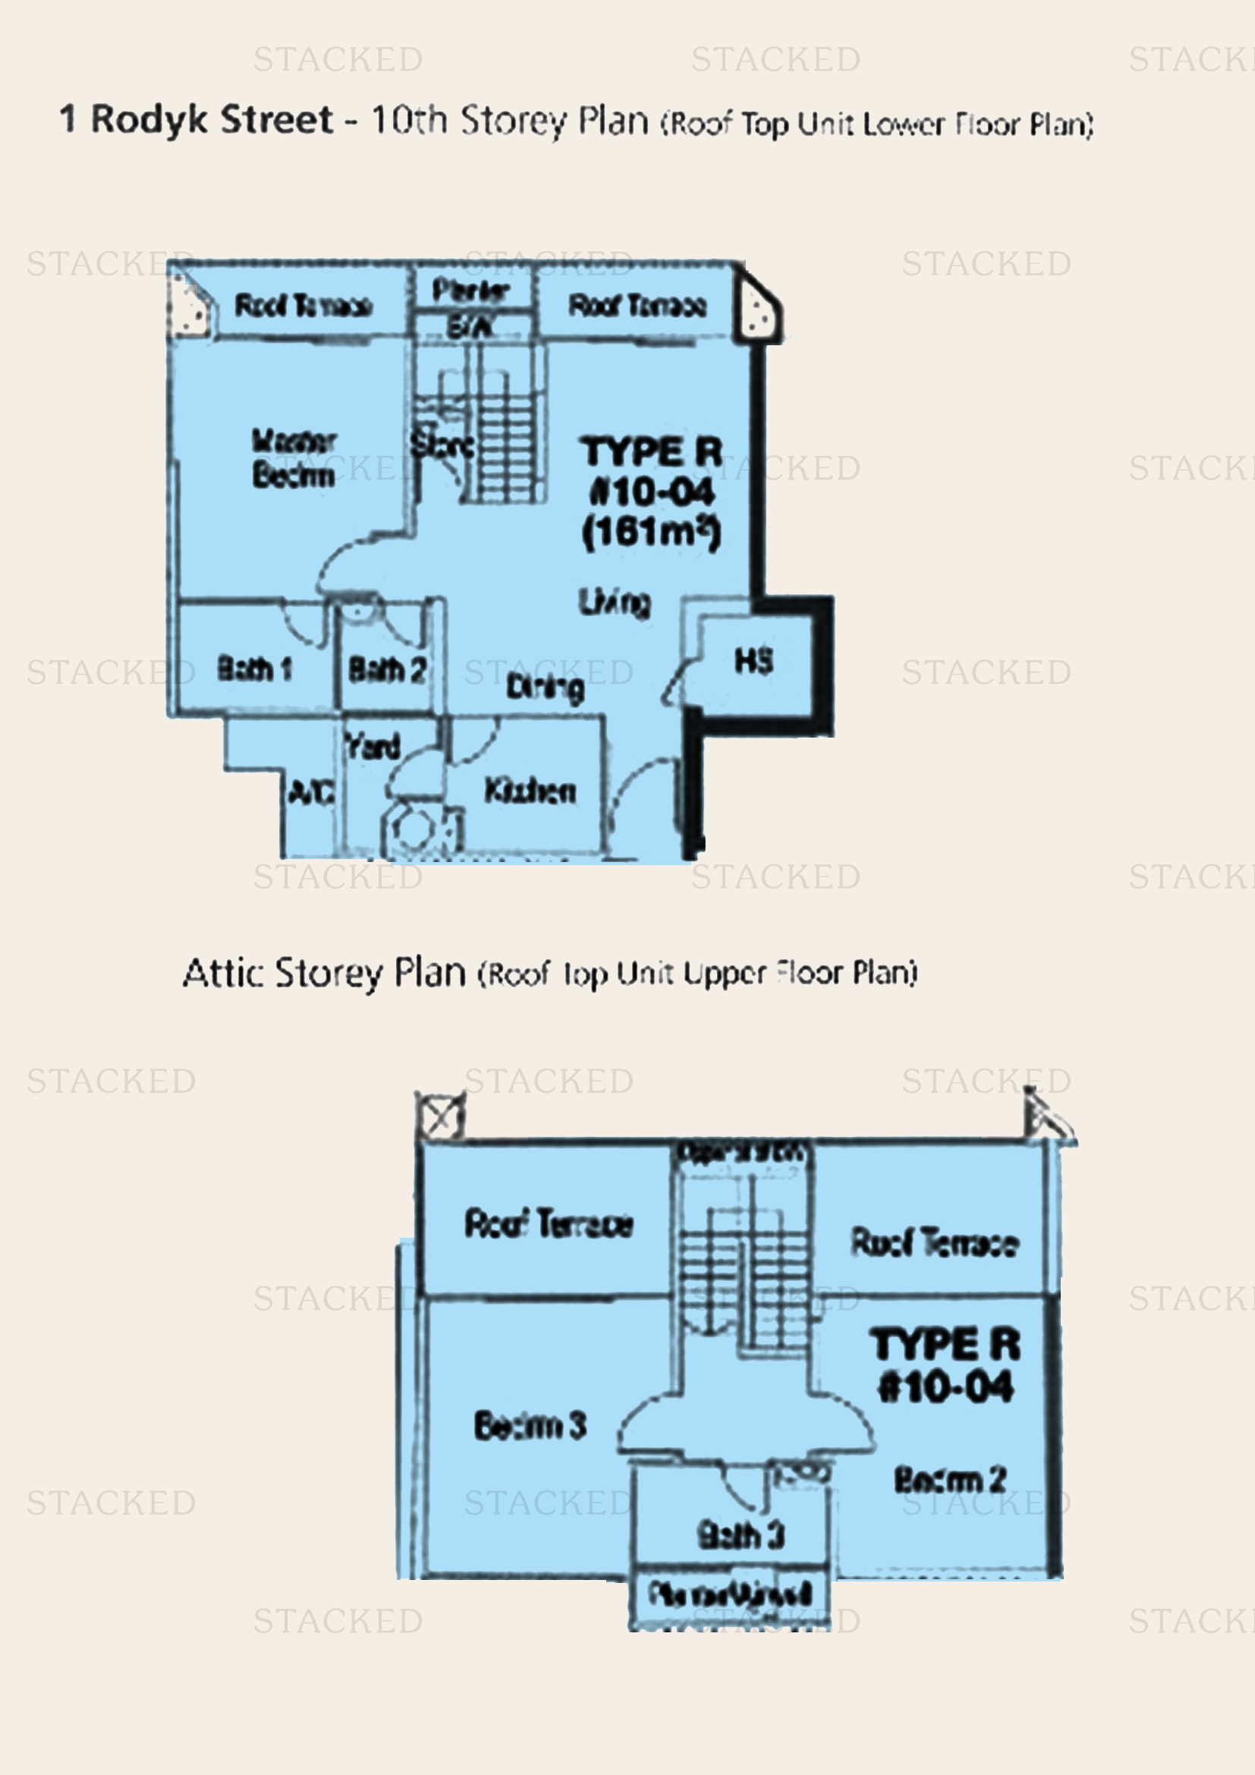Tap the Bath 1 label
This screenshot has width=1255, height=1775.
pyautogui.click(x=254, y=668)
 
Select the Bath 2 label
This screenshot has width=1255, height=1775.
pyautogui.click(x=386, y=669)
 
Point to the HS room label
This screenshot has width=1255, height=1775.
pyautogui.click(x=753, y=661)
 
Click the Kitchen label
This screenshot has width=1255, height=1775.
pyautogui.click(x=530, y=790)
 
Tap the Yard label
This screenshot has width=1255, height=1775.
pyautogui.click(x=373, y=746)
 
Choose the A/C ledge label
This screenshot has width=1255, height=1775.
pyautogui.click(x=310, y=792)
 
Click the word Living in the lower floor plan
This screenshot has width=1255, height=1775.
pyautogui.click(x=615, y=603)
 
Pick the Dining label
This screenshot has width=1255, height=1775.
pyautogui.click(x=545, y=687)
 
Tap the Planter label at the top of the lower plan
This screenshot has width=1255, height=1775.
pyautogui.click(x=470, y=291)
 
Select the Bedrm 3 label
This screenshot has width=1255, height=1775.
pyautogui.click(x=530, y=1425)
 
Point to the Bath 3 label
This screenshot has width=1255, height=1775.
pyautogui.click(x=741, y=1534)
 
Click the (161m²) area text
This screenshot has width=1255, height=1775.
pyautogui.click(x=651, y=532)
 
